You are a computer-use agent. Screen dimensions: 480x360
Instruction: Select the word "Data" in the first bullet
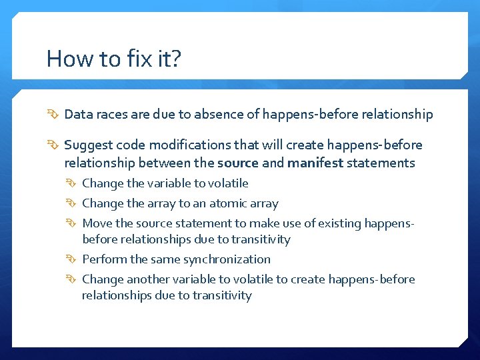[77, 115]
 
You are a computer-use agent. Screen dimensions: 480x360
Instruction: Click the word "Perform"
[103, 259]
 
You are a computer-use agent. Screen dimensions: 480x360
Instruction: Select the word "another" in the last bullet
[147, 279]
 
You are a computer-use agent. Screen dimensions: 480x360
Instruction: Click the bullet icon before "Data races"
[54, 115]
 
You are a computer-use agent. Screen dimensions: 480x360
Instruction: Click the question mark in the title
[175, 59]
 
